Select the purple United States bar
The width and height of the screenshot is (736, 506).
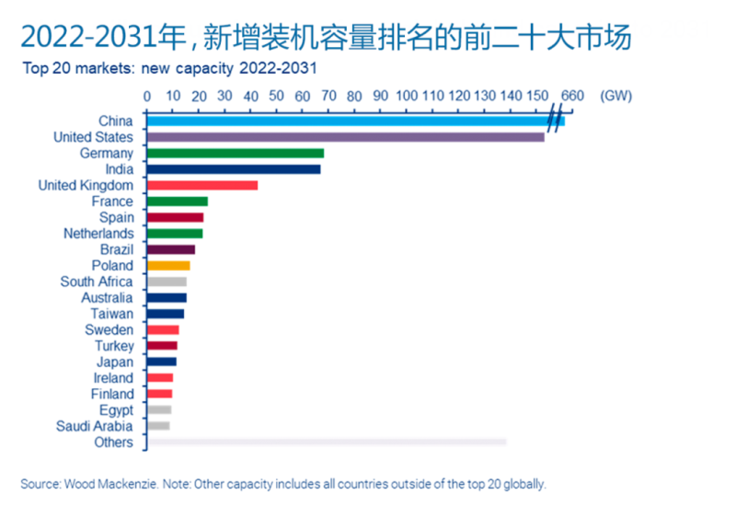coord(345,137)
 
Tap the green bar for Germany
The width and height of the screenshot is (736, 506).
coord(236,153)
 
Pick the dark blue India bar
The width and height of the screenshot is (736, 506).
coord(234,169)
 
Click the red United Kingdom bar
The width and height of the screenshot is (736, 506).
coord(202,185)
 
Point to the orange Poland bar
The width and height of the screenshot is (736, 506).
coord(168,266)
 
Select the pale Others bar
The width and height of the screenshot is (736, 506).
coord(327,443)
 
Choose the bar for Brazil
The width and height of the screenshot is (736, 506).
coord(171,249)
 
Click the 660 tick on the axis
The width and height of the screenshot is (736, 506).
coord(572,96)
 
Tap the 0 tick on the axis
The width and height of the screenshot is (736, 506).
coord(147,96)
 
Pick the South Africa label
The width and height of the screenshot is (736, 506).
coord(97,282)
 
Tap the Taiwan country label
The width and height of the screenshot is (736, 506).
coord(112,314)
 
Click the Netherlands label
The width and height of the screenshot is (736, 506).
coord(98,234)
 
